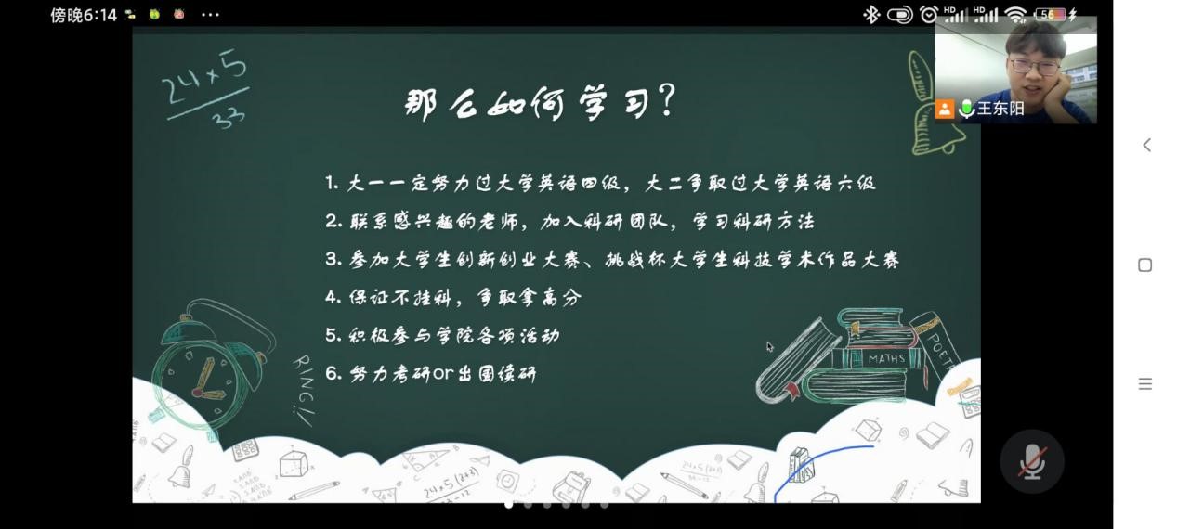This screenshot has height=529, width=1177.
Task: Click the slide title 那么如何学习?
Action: [540, 103]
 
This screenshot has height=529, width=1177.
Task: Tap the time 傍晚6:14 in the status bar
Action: [83, 15]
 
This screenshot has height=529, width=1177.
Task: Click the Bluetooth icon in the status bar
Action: [870, 15]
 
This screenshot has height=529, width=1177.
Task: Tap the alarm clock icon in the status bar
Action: [928, 15]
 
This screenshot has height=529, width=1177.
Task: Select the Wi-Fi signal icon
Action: [1015, 15]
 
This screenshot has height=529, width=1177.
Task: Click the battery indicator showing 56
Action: [1049, 15]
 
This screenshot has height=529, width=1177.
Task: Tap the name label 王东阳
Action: [1000, 109]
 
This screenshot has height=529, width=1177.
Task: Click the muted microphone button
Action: [1031, 461]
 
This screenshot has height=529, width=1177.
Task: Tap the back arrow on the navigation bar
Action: [1146, 146]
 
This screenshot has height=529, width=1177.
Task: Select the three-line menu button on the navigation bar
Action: [1144, 383]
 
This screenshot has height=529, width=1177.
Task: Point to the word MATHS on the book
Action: [886, 359]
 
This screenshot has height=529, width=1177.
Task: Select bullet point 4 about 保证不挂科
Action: [453, 297]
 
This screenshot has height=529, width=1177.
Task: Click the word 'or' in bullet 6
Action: [442, 374]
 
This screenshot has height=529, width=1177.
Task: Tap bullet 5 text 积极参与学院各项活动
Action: [454, 335]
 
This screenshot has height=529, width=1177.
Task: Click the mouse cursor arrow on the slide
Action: [770, 346]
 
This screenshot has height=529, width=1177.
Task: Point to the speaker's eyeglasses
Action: [1034, 67]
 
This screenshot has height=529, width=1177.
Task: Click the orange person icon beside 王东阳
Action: [944, 110]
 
